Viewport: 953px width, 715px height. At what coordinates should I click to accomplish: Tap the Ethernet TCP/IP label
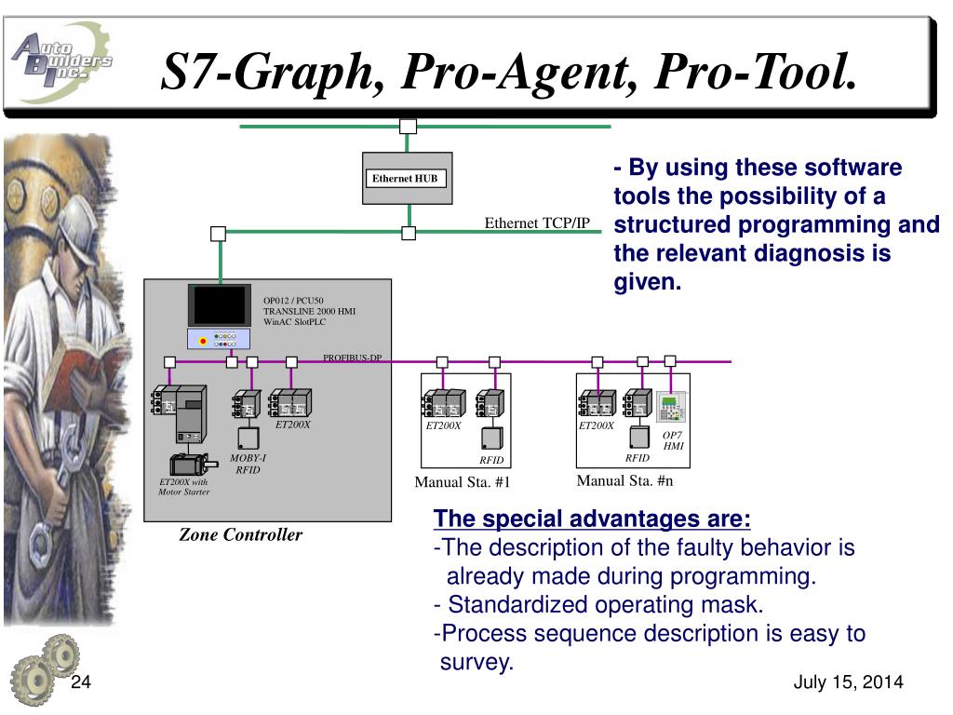tap(537, 223)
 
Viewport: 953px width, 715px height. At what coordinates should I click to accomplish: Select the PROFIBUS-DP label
tap(352, 357)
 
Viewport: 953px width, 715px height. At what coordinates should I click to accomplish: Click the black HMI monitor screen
tap(220, 304)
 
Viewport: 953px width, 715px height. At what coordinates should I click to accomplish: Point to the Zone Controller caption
tap(241, 534)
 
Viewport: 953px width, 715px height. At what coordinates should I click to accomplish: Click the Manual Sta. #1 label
tap(463, 481)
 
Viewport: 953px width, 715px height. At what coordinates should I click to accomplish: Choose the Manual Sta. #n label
tap(624, 480)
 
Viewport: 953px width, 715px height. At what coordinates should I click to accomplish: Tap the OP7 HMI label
tap(673, 440)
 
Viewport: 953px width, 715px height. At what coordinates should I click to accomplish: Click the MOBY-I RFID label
tap(248, 464)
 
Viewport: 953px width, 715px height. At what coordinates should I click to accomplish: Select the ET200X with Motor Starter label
tap(183, 487)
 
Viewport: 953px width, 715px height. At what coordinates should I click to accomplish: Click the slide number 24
tap(81, 683)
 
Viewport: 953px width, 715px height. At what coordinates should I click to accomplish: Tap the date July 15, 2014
tap(848, 683)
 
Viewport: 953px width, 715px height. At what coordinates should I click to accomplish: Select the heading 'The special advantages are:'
tap(593, 519)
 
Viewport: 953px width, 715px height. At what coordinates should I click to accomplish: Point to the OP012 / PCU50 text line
tap(293, 300)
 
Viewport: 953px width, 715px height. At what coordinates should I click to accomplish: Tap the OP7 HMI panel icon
tap(672, 407)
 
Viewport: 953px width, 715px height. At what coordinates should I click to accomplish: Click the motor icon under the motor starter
tap(190, 464)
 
